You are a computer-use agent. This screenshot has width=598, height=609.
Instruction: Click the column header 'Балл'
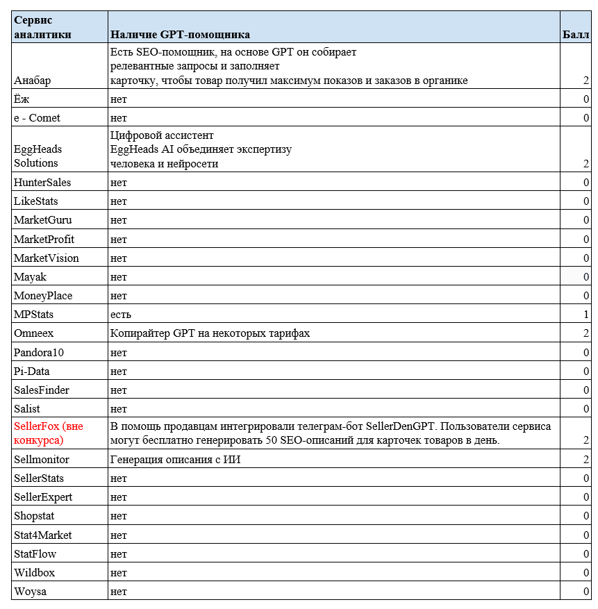point(576,34)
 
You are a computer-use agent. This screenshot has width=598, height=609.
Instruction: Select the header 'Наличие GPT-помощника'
point(180,34)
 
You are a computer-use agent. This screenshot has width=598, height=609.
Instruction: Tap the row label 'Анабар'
point(32,81)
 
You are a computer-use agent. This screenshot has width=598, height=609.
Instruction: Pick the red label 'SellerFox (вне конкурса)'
point(49,433)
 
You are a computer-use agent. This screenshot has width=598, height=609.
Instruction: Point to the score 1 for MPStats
point(586,315)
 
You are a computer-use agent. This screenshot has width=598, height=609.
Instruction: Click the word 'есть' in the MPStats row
point(121,315)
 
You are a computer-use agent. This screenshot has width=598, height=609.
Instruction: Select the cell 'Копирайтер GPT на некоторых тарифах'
point(210,333)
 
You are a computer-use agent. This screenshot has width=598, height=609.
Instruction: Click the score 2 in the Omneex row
point(586,333)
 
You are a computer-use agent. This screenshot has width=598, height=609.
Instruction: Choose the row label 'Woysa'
point(30,592)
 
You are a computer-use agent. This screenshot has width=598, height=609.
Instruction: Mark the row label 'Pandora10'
point(39,353)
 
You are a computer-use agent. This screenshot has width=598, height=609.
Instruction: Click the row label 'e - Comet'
point(37,118)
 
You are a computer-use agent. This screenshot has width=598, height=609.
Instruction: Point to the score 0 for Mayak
point(586,277)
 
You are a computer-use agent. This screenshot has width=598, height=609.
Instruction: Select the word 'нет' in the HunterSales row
point(119,183)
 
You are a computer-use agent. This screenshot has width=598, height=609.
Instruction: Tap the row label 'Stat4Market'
point(43,535)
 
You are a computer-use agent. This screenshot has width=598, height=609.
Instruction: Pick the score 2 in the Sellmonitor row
point(586,460)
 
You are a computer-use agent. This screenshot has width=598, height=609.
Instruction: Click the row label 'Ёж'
point(22,99)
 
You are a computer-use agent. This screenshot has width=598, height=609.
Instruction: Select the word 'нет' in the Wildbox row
point(119,573)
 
